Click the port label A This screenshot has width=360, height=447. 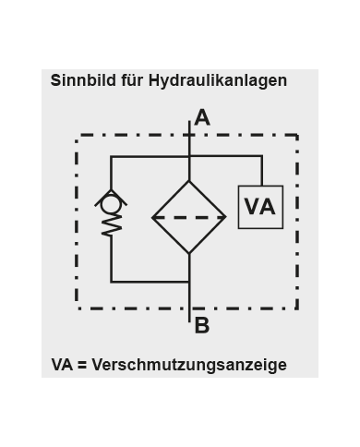[202, 118]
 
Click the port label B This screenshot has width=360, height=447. [202, 325]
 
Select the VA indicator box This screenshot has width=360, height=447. [260, 207]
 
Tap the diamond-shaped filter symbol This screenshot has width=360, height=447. [189, 218]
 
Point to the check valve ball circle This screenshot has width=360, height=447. [112, 199]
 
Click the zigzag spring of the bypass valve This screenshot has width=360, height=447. [112, 223]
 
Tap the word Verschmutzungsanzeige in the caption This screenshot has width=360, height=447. [189, 365]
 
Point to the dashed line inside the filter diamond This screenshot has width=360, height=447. [189, 218]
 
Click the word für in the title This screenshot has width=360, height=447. [133, 80]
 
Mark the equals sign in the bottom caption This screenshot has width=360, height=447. [81, 365]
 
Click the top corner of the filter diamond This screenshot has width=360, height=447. [189, 181]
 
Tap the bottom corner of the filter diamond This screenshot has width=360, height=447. [189, 255]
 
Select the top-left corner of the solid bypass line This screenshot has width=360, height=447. [112, 157]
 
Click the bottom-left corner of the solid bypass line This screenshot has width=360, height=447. [112, 281]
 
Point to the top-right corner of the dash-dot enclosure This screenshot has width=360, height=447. [297, 136]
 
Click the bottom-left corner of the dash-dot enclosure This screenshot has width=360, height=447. [78, 308]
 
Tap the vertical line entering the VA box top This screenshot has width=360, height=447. [261, 171]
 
